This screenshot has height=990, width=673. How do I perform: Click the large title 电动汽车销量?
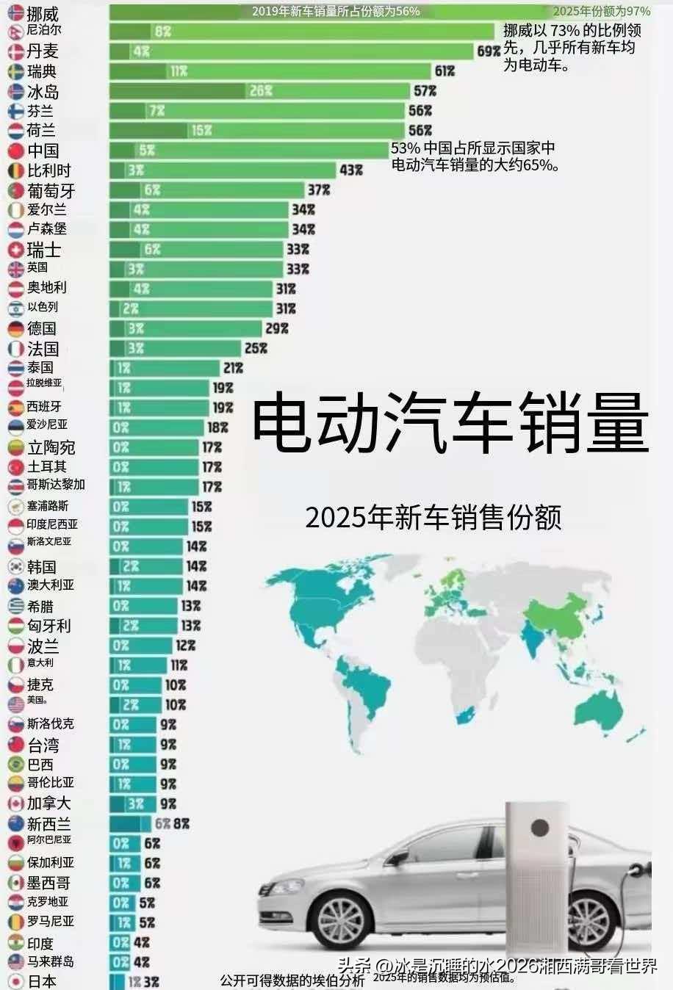[450, 424]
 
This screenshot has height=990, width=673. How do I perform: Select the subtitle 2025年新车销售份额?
[433, 518]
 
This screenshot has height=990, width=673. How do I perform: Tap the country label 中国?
[43, 151]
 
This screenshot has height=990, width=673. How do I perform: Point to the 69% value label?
[488, 51]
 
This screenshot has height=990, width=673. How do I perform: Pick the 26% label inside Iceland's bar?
[261, 91]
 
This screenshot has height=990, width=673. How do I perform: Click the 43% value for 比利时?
[351, 170]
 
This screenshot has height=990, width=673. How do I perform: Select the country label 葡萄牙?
[51, 191]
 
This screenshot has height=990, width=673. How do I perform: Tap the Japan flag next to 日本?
[15, 981]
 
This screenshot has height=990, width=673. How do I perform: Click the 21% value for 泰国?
[234, 368]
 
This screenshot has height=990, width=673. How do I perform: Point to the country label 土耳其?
[47, 466]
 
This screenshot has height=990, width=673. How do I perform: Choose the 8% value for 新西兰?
[181, 824]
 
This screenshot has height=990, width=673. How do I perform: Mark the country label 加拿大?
[48, 803]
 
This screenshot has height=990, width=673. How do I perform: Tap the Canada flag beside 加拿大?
[15, 804]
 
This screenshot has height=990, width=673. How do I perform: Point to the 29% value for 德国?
[277, 328]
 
